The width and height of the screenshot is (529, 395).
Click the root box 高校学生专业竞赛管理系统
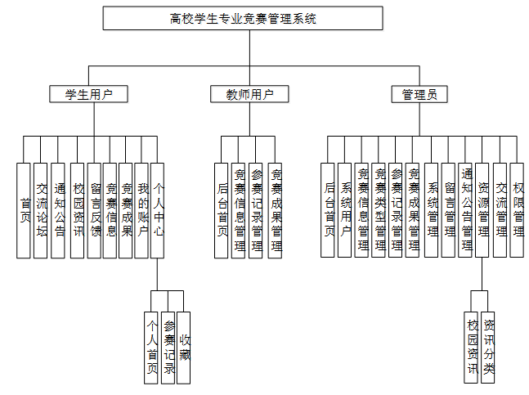(x=243, y=18)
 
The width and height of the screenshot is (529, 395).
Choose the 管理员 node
(x=419, y=94)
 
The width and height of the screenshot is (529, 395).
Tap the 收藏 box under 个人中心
(x=184, y=348)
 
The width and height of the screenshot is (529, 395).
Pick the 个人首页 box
(x=151, y=348)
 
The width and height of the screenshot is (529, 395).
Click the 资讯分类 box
(x=487, y=348)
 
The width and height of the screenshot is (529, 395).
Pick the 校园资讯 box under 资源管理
(x=471, y=348)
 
